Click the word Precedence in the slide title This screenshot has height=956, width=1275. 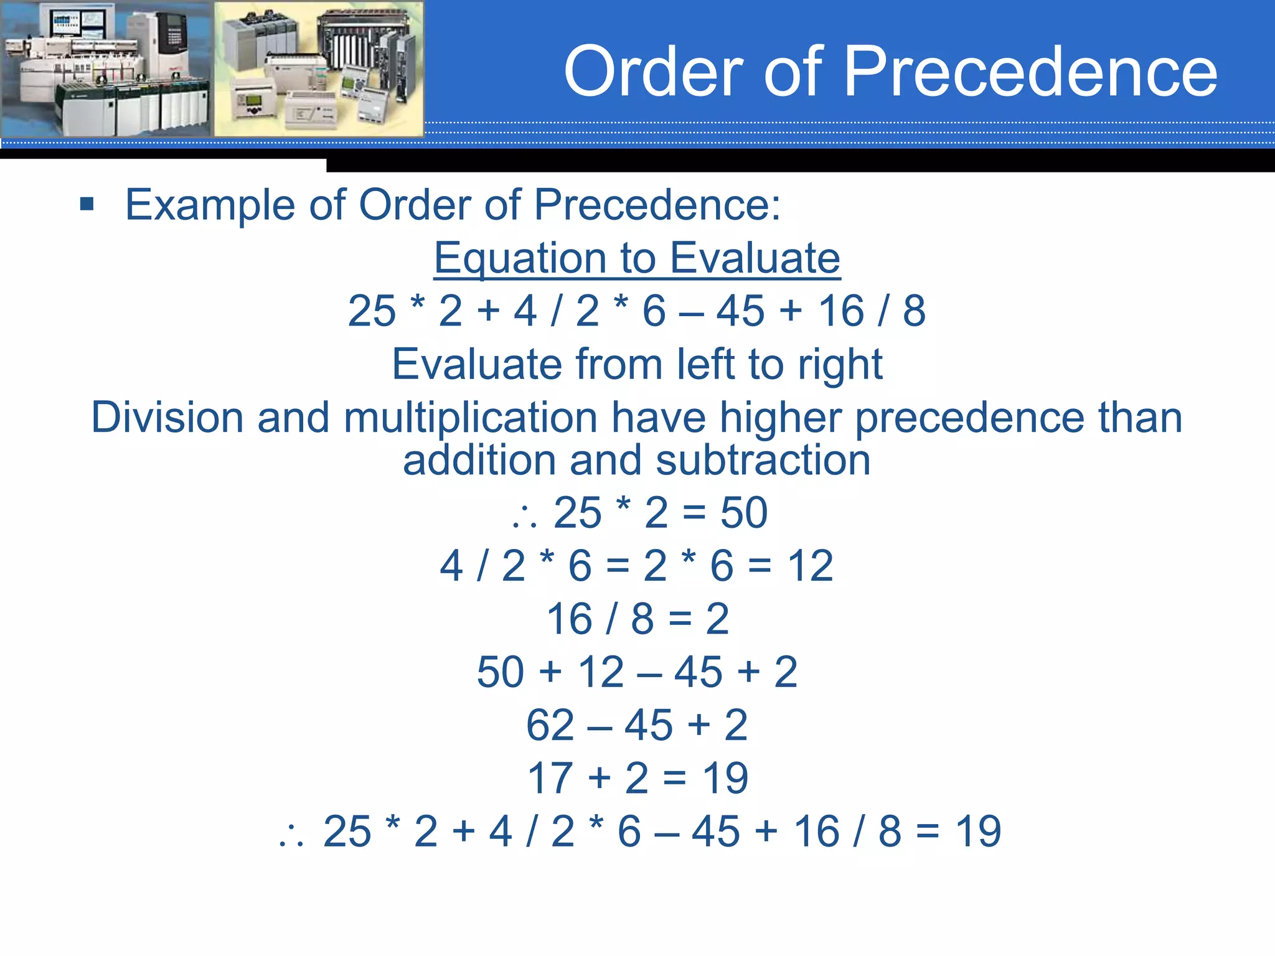pos(1030,72)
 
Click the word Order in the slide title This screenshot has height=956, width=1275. pos(654,72)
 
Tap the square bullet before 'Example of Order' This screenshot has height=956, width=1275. pos(87,204)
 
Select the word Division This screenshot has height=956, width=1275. pos(167,417)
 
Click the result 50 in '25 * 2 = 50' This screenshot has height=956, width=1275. pos(743,513)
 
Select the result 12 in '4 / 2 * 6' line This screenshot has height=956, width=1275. pos(810,566)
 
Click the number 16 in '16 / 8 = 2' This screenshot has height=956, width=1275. pos(569,619)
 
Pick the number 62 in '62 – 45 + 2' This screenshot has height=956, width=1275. pos(550,726)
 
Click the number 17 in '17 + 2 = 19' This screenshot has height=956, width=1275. pos(550,779)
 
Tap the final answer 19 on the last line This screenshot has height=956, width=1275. pos(978,832)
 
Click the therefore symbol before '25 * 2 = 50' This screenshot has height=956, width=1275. pos(524,517)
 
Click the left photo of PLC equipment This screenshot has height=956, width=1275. pos(106,68)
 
